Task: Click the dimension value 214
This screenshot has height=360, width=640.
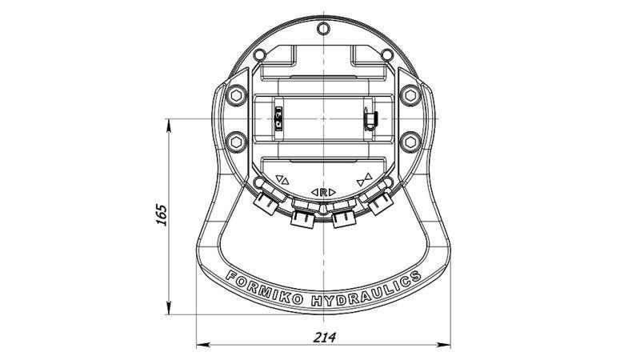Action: pos(325,337)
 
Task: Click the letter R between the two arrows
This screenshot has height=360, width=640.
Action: pos(322,193)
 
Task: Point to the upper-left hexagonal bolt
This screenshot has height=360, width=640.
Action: pos(235,95)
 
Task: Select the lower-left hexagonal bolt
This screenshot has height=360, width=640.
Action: pos(235,142)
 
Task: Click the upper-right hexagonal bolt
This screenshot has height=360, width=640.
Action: pos(410,95)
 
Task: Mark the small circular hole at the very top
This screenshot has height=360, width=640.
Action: pos(322,30)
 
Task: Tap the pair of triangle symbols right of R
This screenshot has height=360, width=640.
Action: pos(364,179)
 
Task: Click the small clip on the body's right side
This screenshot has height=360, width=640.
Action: pos(369,118)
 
